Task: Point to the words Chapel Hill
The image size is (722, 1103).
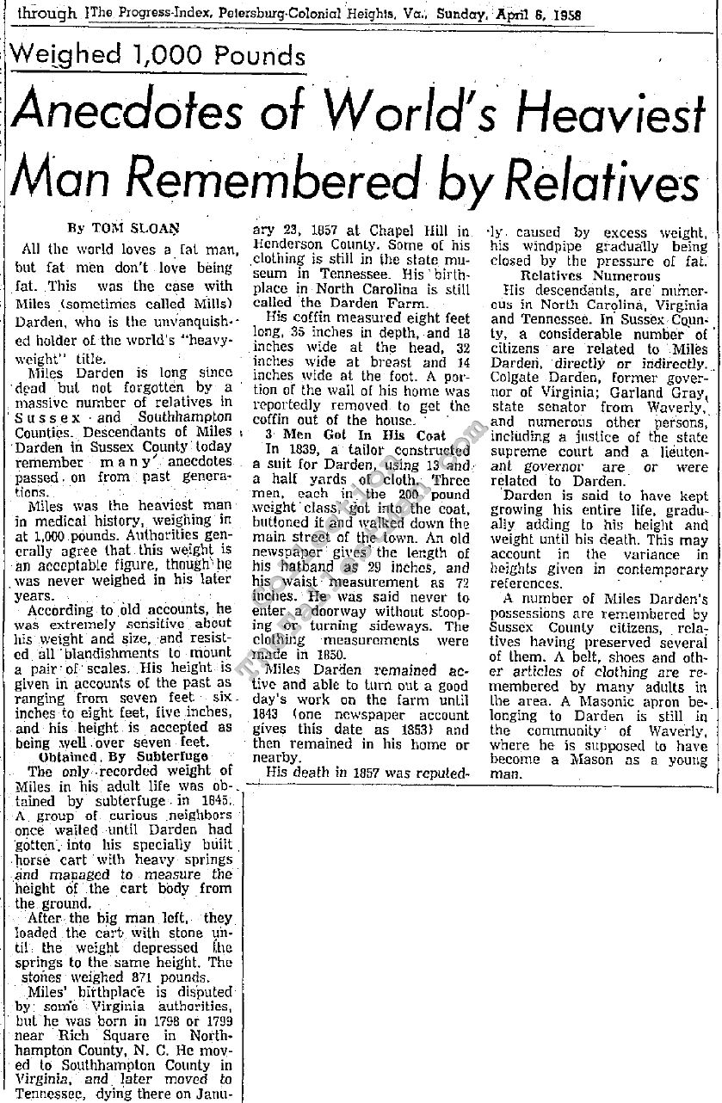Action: coord(417,231)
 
